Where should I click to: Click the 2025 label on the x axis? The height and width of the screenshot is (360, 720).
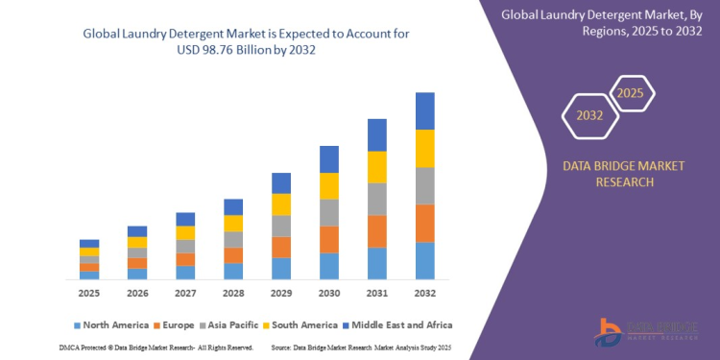coord(89,292)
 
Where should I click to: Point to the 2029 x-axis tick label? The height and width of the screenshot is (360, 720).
coord(280,292)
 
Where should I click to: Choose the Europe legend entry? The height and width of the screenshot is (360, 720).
coord(190,324)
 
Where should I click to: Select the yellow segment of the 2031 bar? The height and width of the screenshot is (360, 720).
coord(377,167)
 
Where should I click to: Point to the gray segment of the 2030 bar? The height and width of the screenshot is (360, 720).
coord(329,212)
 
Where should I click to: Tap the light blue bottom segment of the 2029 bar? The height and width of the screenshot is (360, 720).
coord(280,269)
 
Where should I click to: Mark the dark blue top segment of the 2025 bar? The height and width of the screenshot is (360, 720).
coord(89,243)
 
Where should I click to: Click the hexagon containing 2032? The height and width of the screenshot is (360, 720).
coord(590,116)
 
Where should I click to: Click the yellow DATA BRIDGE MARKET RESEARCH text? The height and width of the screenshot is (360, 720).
coord(624,174)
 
